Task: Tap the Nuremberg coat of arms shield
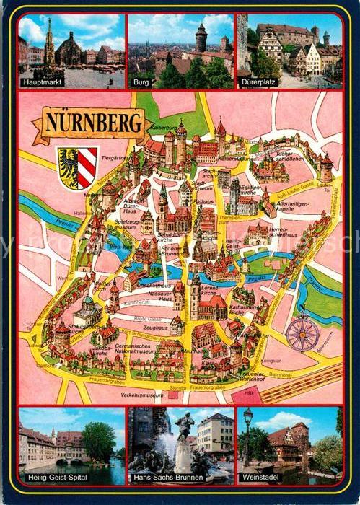[76, 167]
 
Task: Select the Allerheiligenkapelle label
[297, 210]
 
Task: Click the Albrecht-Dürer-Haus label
[134, 205]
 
